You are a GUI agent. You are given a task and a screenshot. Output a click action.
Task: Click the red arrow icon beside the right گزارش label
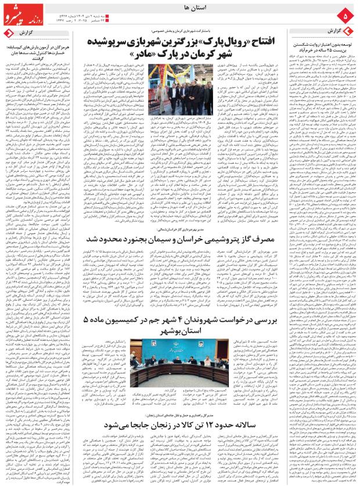point(348,31)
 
